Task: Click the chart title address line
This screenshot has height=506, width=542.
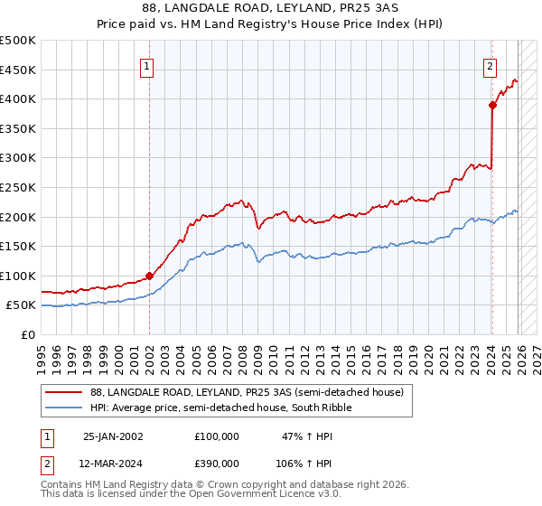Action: (271, 8)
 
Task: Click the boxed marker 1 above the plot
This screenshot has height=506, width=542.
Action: (146, 65)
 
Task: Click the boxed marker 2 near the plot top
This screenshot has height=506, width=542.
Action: (489, 65)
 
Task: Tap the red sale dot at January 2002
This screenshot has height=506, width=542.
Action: (149, 276)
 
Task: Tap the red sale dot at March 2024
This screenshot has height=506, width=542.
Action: (492, 105)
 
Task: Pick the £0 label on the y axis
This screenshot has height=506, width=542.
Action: (29, 334)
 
